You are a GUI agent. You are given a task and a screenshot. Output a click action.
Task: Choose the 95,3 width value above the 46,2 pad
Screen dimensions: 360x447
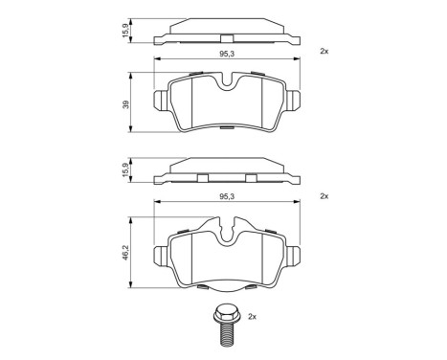click(x=227, y=196)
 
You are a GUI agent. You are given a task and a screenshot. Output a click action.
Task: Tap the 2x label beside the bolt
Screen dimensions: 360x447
click(x=253, y=315)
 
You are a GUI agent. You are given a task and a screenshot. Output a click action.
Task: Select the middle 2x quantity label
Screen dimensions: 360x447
click(x=324, y=195)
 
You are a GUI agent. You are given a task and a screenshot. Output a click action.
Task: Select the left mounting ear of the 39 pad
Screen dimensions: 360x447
click(x=162, y=100)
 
